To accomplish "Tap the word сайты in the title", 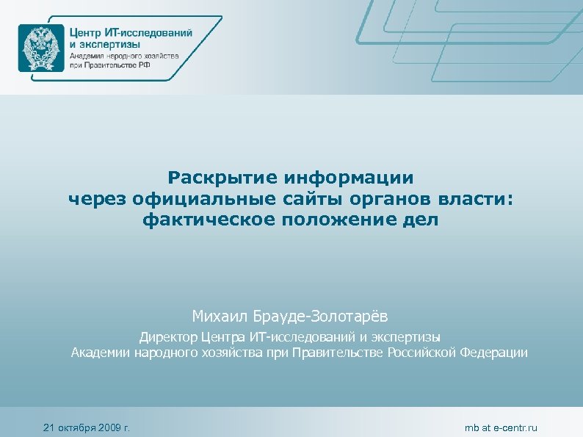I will (x=308, y=198).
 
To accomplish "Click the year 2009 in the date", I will (x=106, y=427).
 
